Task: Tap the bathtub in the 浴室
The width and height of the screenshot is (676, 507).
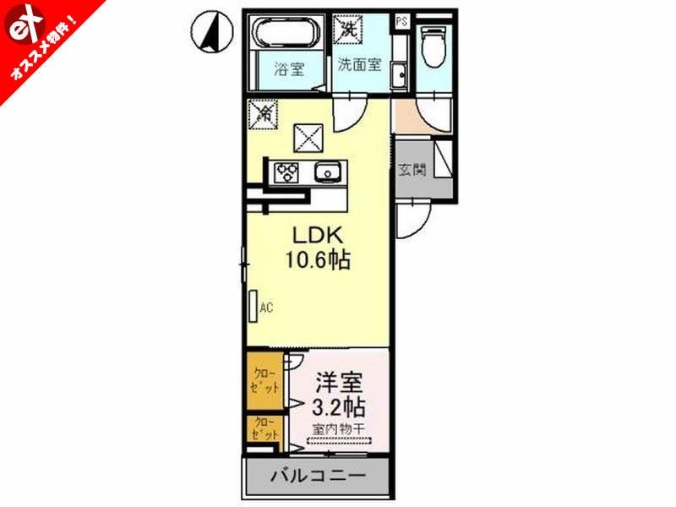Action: pos(286,38)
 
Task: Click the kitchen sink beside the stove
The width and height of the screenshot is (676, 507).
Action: pos(326,172)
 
